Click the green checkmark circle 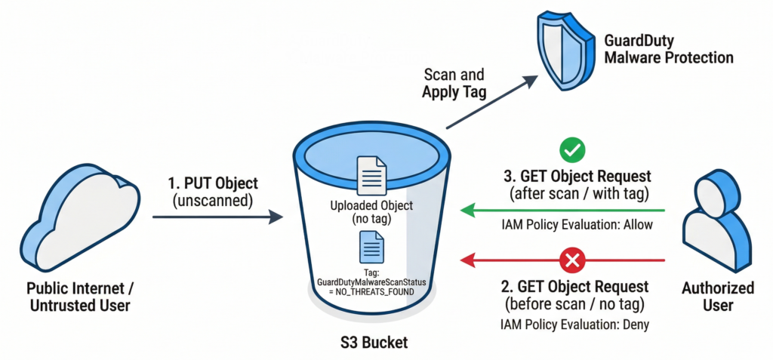pyautogui.click(x=573, y=151)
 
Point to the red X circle pyautogui.click(x=573, y=261)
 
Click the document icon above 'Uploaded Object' pyautogui.click(x=371, y=174)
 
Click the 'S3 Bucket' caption pyautogui.click(x=372, y=343)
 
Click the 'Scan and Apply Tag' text pyautogui.click(x=454, y=85)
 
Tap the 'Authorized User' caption pyautogui.click(x=717, y=297)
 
